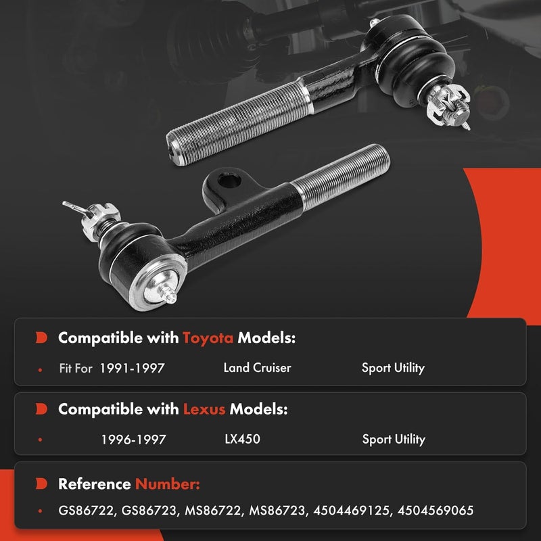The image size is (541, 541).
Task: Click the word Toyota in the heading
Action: [208, 337]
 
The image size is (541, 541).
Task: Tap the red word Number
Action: [167, 484]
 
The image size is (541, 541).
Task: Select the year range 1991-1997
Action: [133, 369]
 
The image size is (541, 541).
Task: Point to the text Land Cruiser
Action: [257, 368]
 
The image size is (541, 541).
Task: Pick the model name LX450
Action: [241, 440]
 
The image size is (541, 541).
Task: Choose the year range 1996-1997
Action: [133, 440]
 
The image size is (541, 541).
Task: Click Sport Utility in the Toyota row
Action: [393, 368]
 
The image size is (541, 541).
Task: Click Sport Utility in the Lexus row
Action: [393, 440]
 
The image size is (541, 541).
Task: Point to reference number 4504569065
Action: [435, 511]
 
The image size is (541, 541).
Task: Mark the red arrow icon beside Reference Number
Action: [41, 484]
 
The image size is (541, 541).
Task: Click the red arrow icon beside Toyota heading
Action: [41, 337]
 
